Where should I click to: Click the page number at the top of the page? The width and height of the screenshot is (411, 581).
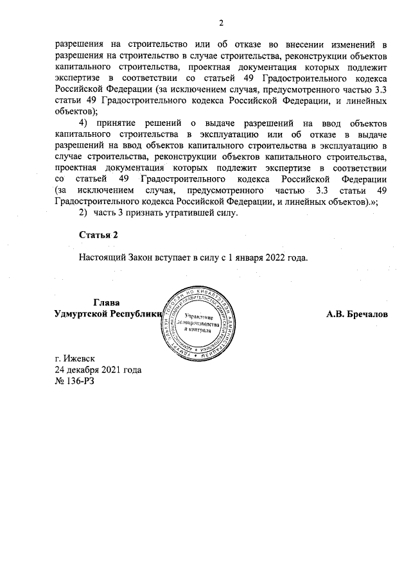click(x=220, y=24)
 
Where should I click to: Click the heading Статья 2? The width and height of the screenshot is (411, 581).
click(x=99, y=236)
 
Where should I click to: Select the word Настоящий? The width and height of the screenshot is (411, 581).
click(x=102, y=258)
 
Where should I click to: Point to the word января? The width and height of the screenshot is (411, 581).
click(x=236, y=258)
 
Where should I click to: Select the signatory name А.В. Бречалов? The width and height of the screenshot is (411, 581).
click(x=356, y=315)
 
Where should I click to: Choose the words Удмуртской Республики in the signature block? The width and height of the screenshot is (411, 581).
click(x=107, y=315)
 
